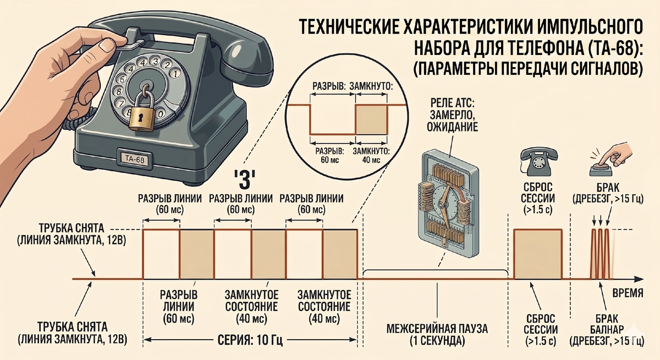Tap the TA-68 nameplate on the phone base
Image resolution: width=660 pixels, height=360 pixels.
pos(134,159)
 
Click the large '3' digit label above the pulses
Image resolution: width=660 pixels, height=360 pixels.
pos(244,180)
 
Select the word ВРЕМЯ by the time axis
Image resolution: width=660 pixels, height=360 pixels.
pos(628,293)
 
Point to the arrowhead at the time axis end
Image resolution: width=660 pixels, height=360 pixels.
pos(639,279)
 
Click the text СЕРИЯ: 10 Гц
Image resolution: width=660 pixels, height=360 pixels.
pos(250,340)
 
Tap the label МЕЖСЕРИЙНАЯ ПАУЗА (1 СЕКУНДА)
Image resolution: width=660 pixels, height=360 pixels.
pos(437,334)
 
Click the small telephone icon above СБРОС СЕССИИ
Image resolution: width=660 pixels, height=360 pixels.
pos(539,162)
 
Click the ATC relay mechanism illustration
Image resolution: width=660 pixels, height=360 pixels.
pos(449,203)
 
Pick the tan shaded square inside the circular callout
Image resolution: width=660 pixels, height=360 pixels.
pos(371,120)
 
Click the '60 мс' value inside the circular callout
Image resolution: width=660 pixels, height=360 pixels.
pos(329,160)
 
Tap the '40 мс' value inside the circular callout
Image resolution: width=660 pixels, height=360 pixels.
pos(371,160)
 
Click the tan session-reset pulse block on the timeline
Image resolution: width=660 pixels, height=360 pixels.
pos(538,254)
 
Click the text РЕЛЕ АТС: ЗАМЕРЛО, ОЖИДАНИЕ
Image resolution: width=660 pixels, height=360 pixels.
pos(452,115)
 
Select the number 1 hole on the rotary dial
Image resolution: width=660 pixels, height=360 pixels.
pos(175,73)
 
